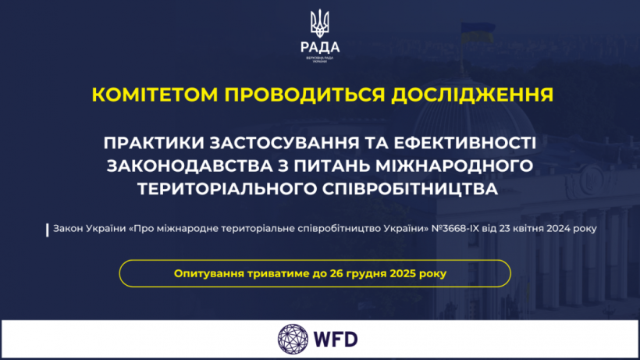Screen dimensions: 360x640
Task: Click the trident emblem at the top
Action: pyautogui.click(x=319, y=23)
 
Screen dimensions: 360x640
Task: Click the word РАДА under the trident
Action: pyautogui.click(x=320, y=46)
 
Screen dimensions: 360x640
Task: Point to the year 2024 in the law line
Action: pyautogui.click(x=559, y=230)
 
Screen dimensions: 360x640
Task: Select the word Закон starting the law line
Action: pyautogui.click(x=70, y=230)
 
